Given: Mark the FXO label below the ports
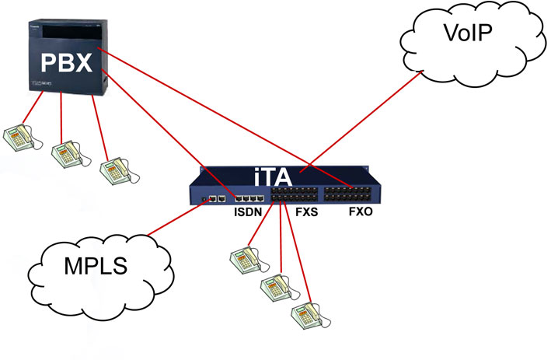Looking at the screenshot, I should point(357,211).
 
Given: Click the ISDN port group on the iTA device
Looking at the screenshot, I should point(248,197).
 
